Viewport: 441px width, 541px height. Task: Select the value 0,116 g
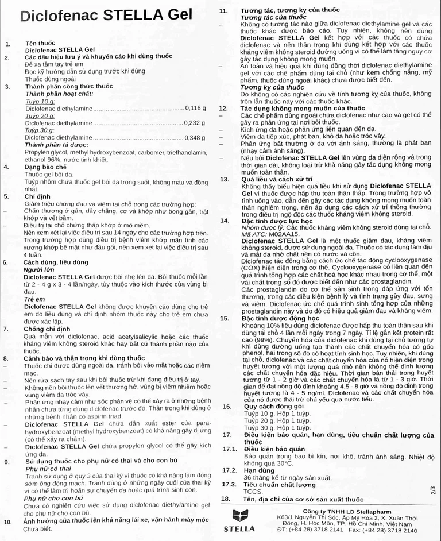pos(195,108)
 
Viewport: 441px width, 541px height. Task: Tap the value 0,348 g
pos(195,138)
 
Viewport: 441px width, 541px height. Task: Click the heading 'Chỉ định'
pos(37,196)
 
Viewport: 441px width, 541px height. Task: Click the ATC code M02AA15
pos(281,234)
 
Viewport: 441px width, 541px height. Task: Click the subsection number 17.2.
pos(229,469)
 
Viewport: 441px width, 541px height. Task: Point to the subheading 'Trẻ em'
pos(34,299)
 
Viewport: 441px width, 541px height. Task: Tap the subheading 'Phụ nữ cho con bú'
pos(53,498)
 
